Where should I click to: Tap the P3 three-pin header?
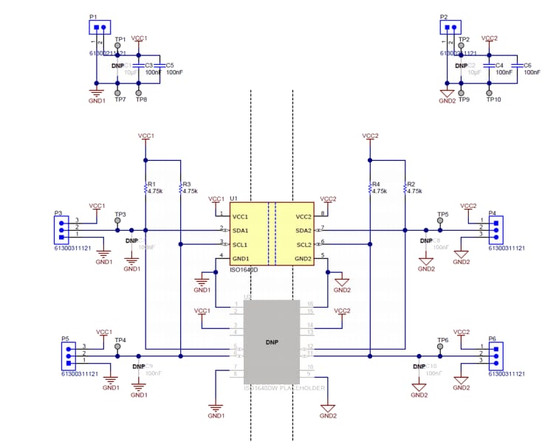[x=60, y=229]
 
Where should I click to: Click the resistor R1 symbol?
[x=145, y=189]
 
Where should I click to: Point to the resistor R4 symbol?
[x=368, y=189]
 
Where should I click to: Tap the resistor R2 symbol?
[x=405, y=189]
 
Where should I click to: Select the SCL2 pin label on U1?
[x=303, y=244]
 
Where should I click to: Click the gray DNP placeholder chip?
[x=272, y=342]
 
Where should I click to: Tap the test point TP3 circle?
[x=118, y=221]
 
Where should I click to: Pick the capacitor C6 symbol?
[x=516, y=66]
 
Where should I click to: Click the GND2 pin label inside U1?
[x=303, y=258]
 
